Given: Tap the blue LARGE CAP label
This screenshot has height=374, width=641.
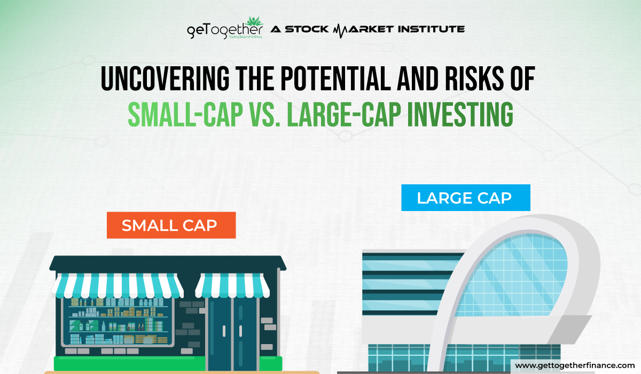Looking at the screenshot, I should click(x=464, y=198).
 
